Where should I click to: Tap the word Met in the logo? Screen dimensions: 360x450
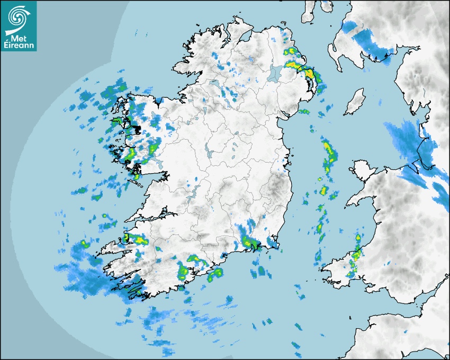(16, 38)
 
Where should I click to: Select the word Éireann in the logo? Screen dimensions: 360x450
(19, 46)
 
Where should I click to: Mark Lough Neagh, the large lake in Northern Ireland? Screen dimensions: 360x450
(274, 73)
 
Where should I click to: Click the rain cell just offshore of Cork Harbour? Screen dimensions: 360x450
(216, 274)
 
